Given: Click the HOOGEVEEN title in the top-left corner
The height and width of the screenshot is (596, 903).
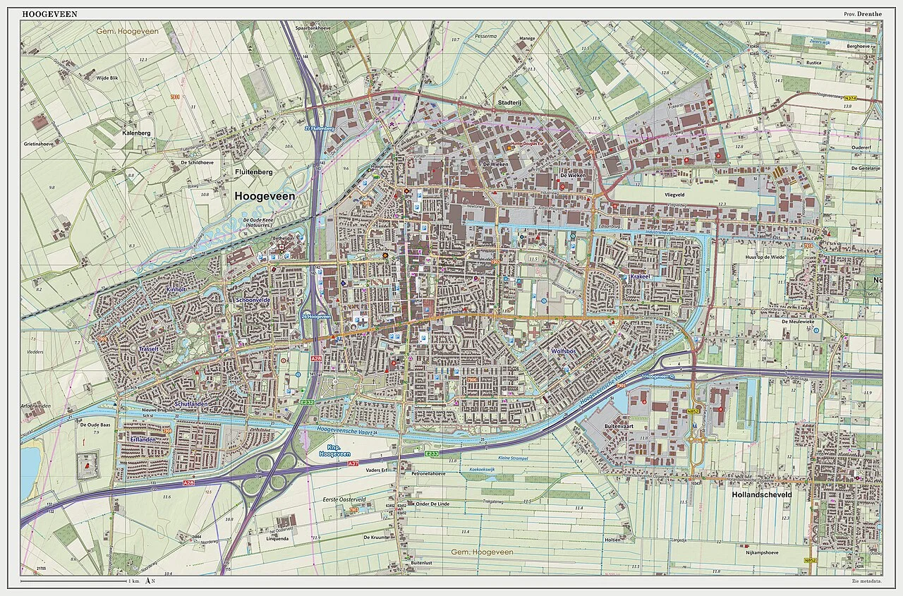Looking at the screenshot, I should click(x=50, y=13).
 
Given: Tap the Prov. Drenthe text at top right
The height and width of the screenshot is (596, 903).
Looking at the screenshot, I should click(x=862, y=14).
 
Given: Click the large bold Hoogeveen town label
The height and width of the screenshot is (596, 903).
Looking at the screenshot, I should click(x=265, y=197).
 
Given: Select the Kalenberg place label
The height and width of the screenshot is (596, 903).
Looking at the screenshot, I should click(x=136, y=133).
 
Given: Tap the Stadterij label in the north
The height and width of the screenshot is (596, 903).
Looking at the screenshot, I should click(x=509, y=102).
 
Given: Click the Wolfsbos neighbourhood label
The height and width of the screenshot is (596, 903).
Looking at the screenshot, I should click(x=566, y=351).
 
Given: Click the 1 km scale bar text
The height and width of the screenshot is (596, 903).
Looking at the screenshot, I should click(x=133, y=580).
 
